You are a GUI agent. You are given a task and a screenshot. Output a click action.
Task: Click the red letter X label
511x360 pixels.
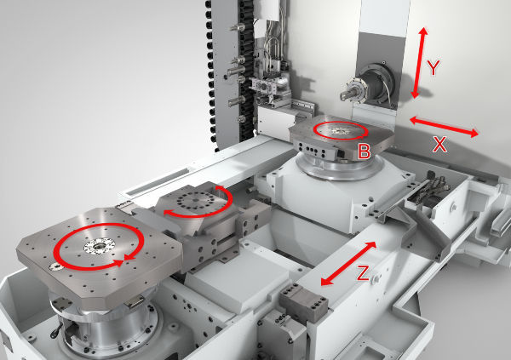pyautogui.click(x=439, y=146)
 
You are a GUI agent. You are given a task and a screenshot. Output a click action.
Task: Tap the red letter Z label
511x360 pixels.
pyautogui.click(x=363, y=273)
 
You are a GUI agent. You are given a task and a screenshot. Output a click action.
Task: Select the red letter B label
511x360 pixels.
pyautogui.click(x=364, y=152)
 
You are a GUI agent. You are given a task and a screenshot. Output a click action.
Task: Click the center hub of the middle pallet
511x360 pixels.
pyautogui.click(x=194, y=203)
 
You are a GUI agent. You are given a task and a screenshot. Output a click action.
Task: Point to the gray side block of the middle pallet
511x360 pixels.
pyautogui.click(x=208, y=247)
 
